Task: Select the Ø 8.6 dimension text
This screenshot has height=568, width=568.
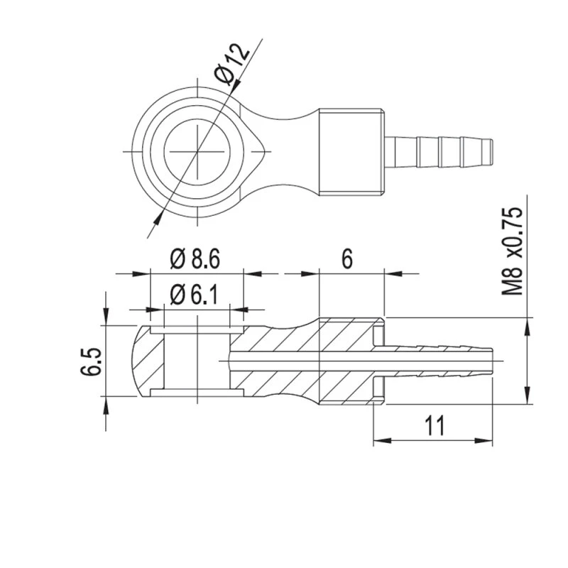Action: [195, 260]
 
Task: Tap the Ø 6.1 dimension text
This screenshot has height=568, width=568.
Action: [195, 295]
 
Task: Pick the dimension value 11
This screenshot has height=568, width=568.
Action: [435, 426]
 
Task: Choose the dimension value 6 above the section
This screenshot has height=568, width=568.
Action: [347, 259]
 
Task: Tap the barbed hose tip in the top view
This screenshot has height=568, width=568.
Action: [440, 151]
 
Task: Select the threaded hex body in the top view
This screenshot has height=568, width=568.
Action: [352, 151]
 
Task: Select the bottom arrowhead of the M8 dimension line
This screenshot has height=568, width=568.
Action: [527, 398]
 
